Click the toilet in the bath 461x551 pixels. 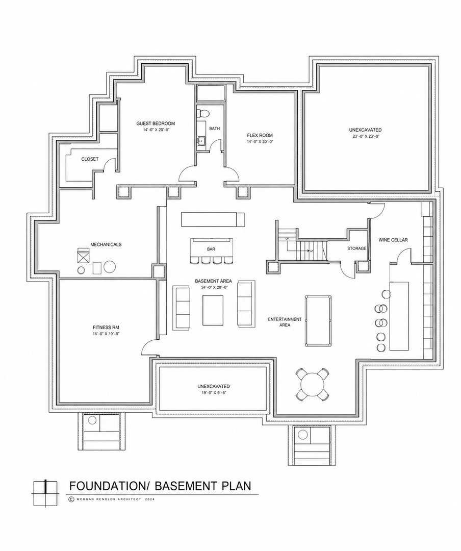click(x=202, y=113)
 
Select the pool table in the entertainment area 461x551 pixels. click(x=318, y=320)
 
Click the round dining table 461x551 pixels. click(x=313, y=384)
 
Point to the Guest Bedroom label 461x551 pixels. click(x=156, y=123)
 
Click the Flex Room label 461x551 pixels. click(x=260, y=136)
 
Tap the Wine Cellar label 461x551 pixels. click(x=393, y=240)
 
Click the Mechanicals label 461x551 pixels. click(x=106, y=244)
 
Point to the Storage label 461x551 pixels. click(x=356, y=248)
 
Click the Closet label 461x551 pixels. click(x=90, y=159)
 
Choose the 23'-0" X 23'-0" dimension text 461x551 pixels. click(x=366, y=136)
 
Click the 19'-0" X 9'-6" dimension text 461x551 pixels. click(x=214, y=392)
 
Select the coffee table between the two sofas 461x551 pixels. click(x=213, y=310)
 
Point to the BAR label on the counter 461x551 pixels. click(x=211, y=249)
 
